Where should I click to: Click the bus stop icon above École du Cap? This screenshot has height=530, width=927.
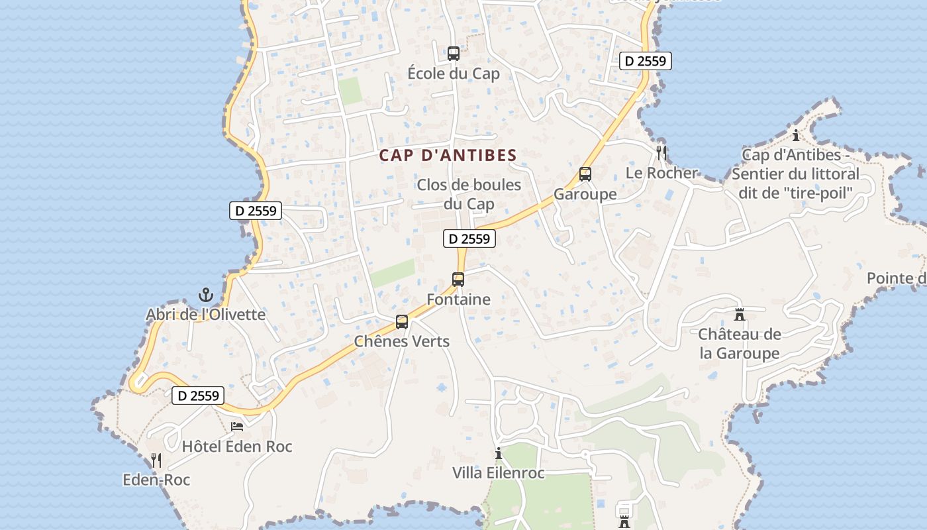tap(454, 54)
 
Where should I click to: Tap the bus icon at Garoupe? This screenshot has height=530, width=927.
tap(585, 174)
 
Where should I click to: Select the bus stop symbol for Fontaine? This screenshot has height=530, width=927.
tap(458, 280)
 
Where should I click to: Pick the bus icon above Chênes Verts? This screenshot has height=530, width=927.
tap(402, 323)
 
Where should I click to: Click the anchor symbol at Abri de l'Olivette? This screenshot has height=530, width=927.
tap(206, 295)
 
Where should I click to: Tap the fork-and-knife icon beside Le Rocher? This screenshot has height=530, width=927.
tap(661, 153)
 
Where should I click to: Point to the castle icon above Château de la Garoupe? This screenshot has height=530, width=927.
tap(740, 314)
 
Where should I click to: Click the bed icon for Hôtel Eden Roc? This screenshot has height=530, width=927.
tap(236, 427)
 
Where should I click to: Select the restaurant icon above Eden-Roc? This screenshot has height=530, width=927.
tap(156, 460)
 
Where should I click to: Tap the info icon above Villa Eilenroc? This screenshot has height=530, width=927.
tap(499, 453)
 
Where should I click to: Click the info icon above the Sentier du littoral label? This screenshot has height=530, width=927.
tap(796, 136)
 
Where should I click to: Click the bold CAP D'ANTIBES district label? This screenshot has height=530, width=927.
tap(448, 156)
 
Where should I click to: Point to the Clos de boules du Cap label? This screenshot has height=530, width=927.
tap(469, 194)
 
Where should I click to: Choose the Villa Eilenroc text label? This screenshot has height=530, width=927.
tap(499, 473)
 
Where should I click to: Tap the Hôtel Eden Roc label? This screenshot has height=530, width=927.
tap(237, 447)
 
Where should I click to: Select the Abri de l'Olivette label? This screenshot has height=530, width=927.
tap(205, 315)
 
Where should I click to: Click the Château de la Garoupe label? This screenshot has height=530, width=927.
tap(740, 344)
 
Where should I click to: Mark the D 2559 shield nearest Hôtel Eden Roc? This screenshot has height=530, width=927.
tap(198, 396)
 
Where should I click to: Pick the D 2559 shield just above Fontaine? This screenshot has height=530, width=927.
tap(469, 238)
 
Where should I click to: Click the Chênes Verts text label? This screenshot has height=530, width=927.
tap(402, 342)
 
